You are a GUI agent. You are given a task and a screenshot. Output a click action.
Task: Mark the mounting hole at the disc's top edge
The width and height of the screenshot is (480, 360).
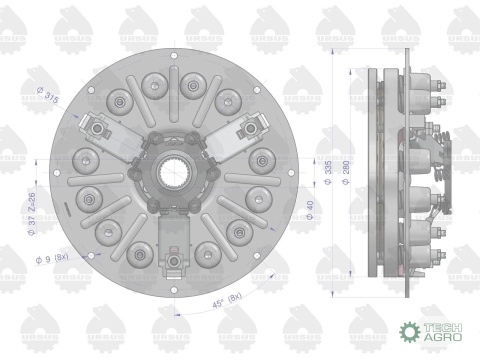[174, 54]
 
